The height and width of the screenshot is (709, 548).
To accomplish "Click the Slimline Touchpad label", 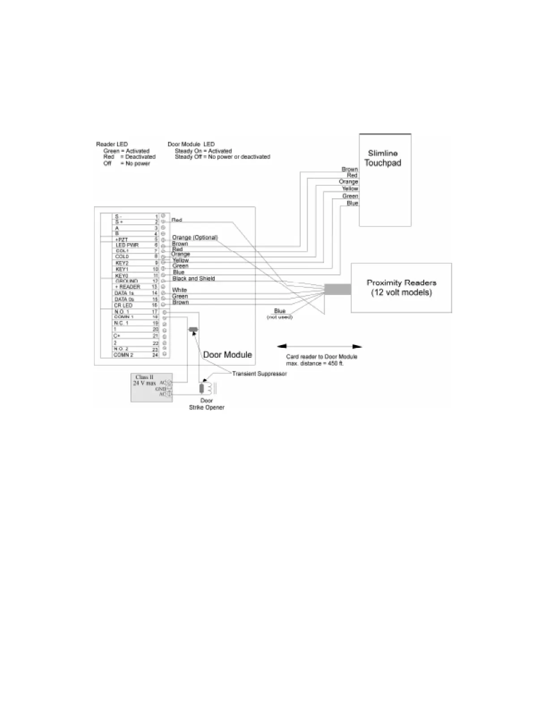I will [383, 158].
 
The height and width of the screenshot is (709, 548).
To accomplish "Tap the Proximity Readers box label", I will [401, 287].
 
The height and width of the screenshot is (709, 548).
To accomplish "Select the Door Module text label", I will [227, 354].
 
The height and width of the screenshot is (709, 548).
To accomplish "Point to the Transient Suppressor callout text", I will [259, 373].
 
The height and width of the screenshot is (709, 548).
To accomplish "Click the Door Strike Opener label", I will [206, 404].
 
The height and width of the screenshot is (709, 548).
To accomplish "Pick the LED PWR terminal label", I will [127, 245].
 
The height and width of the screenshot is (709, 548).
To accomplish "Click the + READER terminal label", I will [128, 286].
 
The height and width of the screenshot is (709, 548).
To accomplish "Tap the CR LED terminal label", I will [123, 305].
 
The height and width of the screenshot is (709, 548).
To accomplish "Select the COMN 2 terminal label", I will [123, 355].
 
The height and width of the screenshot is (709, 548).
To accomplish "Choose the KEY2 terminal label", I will [122, 263].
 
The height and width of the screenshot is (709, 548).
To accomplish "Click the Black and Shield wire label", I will [193, 278].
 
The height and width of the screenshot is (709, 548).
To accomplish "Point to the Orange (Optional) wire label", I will [195, 237].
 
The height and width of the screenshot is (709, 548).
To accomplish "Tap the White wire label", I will [180, 290].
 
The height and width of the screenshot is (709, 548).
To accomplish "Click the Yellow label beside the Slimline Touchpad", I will [350, 189].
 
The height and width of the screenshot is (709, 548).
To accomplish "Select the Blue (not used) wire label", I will [280, 313].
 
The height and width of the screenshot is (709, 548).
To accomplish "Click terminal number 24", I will [155, 355].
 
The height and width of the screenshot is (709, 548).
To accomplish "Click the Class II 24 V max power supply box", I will [151, 387].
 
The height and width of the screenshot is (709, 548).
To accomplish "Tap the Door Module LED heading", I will [191, 144].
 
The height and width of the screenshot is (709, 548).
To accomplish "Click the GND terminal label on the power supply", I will [161, 389].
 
